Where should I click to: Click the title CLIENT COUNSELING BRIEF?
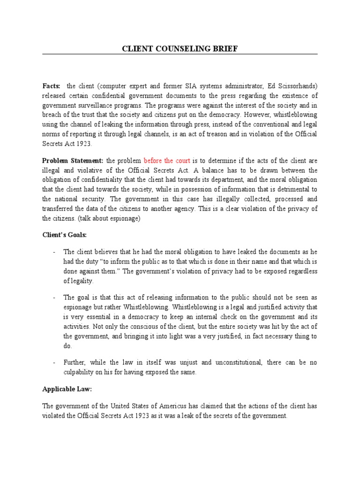(x=180, y=49)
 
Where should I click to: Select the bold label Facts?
(x=52, y=86)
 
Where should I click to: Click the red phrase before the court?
(x=167, y=160)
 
